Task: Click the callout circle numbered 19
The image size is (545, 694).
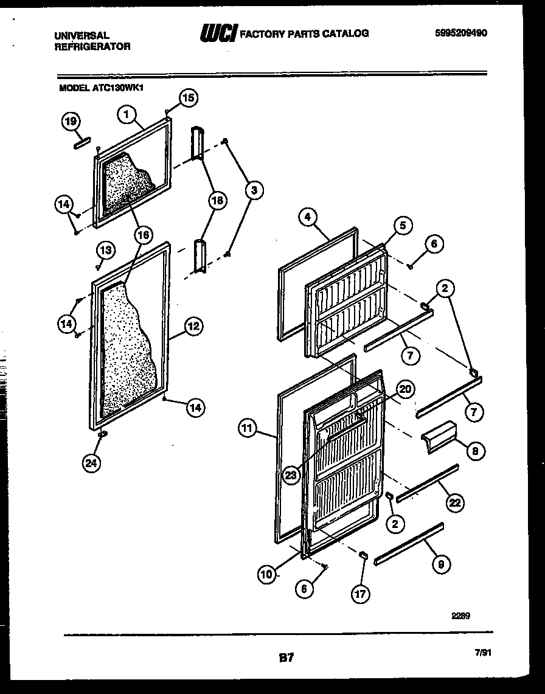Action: point(71,122)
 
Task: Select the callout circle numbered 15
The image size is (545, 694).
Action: point(189,98)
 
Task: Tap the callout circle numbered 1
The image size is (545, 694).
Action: point(127,113)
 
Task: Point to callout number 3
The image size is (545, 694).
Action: point(254,190)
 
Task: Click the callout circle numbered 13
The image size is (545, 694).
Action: point(105,249)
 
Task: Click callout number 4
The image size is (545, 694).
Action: point(308,217)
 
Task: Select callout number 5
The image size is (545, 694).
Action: point(402,226)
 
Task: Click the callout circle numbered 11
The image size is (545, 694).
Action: point(246,429)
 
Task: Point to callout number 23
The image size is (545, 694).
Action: point(291,475)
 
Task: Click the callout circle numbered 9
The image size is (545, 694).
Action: point(440,564)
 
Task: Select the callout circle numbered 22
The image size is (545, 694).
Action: point(455,502)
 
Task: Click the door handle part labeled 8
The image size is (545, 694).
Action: point(436,436)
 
